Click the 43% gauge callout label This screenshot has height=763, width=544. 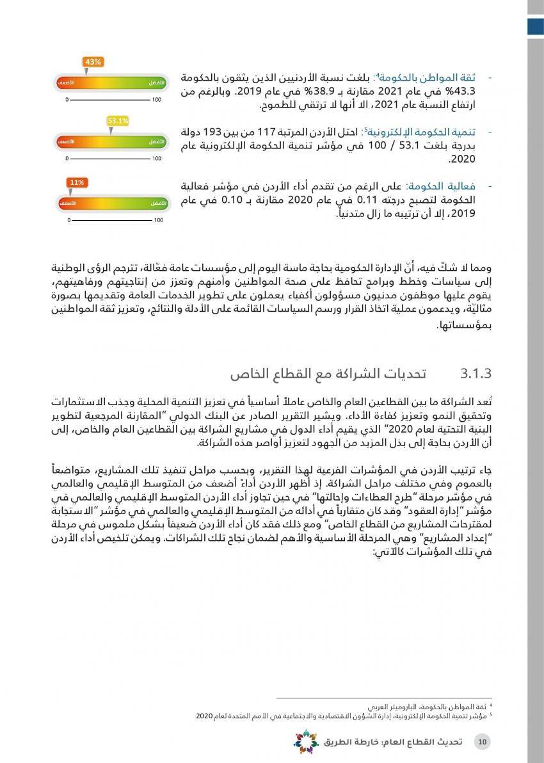(x=93, y=61)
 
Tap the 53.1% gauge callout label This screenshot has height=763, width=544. (x=118, y=120)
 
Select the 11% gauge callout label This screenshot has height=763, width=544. (x=77, y=182)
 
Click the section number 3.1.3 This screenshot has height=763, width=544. (x=475, y=372)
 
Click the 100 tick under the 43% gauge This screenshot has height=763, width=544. (x=157, y=100)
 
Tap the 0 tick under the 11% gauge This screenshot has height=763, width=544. (x=67, y=220)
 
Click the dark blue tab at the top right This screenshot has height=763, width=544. (x=536, y=26)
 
